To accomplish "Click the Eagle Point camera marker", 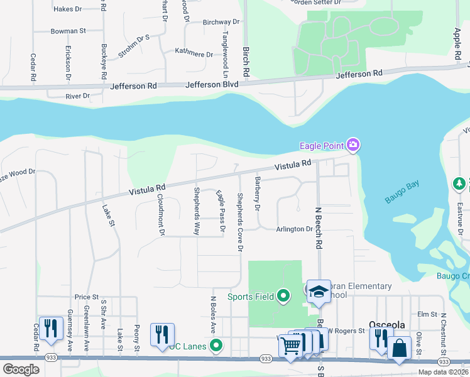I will pos(353,146).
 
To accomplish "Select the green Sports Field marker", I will pos(283,295).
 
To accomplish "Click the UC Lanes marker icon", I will pos(216,345).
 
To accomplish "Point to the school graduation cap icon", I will pos(319,291).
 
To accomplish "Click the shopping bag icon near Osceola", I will pos(399,347).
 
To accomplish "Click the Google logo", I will pos(21,369).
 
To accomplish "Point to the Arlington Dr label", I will pos(294,229).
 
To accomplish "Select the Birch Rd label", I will pos(246,64).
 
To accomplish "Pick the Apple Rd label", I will pos(457,43).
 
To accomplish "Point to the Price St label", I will pos(87,297).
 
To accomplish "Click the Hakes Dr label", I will pos(68,9).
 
